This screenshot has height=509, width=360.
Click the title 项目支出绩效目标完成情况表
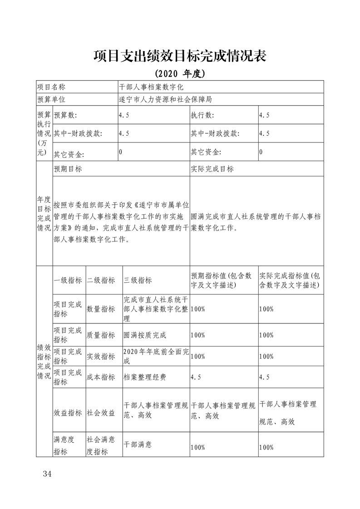pyautogui.click(x=180, y=56)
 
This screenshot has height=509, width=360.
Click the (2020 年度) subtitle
pyautogui.click(x=180, y=73)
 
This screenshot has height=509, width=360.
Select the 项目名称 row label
pyautogui.click(x=51, y=87)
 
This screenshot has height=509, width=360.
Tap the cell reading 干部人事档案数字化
pyautogui.click(x=150, y=87)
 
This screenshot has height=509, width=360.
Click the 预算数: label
pyautogui.click(x=66, y=115)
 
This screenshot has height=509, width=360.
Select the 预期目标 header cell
pyautogui.click(x=68, y=169)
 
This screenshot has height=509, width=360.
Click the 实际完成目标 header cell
pyautogui.click(x=212, y=169)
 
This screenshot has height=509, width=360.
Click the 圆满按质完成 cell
pyautogui.click(x=145, y=335)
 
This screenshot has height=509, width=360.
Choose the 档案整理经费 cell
pyautogui.click(x=145, y=377)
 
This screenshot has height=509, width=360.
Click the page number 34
pyautogui.click(x=47, y=474)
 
